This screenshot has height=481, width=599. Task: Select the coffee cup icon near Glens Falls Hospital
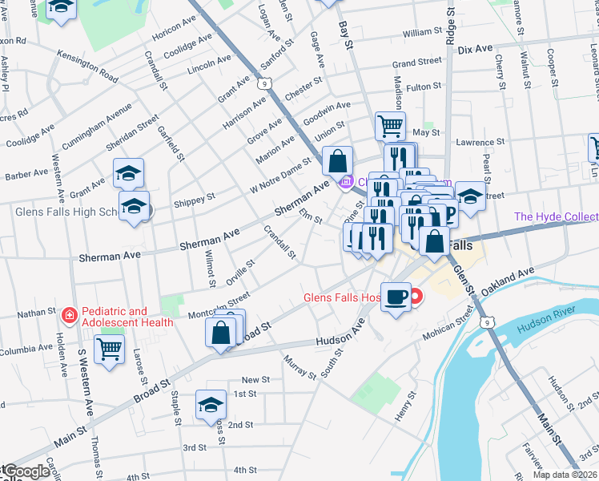pos(396,297)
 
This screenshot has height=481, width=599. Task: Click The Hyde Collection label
pos(556,217)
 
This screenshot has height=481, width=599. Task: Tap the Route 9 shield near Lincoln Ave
pos(265,81)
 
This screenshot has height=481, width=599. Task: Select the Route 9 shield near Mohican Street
pos(486,321)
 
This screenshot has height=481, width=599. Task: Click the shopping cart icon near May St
pos(390,125)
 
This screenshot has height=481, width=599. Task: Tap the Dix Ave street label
pos(475,49)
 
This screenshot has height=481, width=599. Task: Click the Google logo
pos(26,472)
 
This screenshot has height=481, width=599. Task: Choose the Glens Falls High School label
pos(68,212)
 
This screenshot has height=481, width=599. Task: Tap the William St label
pos(423,33)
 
